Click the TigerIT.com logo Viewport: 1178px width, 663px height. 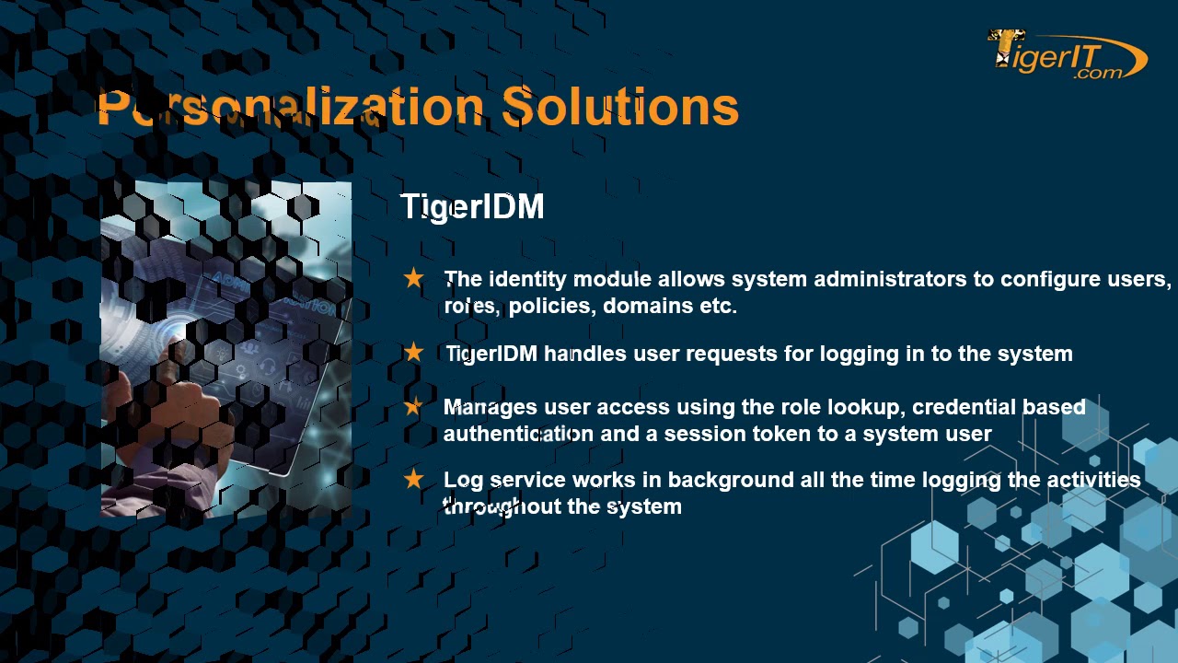click(1067, 55)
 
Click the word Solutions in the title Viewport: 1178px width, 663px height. click(620, 107)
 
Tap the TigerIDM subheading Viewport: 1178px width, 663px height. click(472, 207)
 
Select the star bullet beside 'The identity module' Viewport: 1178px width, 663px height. click(413, 278)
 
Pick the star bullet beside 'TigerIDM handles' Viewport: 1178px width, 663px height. click(413, 353)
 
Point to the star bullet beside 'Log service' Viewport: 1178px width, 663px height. click(413, 479)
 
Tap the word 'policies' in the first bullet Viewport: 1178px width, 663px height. click(551, 306)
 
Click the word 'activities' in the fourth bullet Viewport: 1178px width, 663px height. click(1093, 480)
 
